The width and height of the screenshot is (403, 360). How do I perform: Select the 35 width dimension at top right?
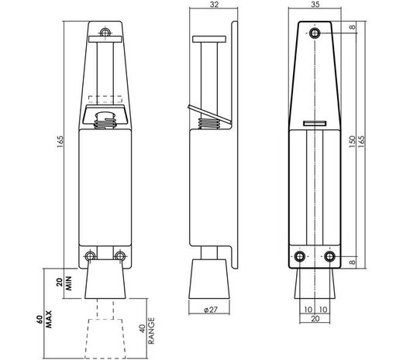(x=314, y=5)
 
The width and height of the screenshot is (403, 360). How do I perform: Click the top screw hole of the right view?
(x=314, y=33)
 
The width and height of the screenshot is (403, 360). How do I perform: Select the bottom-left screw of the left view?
(x=93, y=256)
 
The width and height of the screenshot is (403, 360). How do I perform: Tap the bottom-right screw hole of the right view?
(x=330, y=256)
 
